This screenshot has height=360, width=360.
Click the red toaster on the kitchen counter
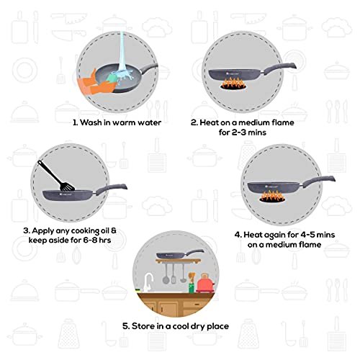tap(205, 283)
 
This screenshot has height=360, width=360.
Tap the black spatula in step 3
tap(55, 175)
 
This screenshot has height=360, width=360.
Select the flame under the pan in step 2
tap(233, 84)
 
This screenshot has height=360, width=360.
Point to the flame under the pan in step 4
tap(273, 197)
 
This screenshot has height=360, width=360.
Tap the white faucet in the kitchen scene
tap(148, 282)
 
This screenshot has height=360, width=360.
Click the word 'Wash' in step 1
tap(91, 122)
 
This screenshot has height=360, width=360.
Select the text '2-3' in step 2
tap(239, 132)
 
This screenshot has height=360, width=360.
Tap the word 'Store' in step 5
tap(143, 326)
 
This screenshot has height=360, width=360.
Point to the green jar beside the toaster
tap(192, 287)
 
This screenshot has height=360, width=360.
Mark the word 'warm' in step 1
tap(124, 123)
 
